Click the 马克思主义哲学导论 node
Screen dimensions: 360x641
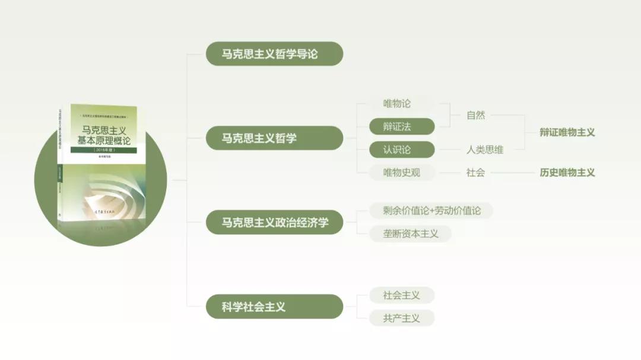click(274, 53)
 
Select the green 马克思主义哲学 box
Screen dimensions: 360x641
click(274, 138)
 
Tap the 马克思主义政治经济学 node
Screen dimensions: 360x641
click(274, 222)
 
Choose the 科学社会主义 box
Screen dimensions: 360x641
click(274, 307)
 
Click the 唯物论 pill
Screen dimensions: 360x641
click(396, 103)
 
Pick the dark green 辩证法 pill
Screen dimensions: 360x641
click(401, 126)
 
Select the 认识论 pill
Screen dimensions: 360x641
click(401, 149)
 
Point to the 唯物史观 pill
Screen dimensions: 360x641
click(401, 173)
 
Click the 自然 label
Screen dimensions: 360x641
click(475, 115)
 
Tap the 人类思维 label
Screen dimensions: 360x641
click(484, 149)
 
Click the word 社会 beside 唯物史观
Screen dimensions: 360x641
click(475, 173)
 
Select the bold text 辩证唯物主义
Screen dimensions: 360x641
click(567, 132)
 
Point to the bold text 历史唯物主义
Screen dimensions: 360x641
click(567, 173)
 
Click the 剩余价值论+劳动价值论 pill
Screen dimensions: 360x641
click(430, 210)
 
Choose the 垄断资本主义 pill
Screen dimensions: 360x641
click(410, 234)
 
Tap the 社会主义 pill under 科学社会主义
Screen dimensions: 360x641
click(401, 295)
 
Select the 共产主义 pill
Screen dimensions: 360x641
click(401, 318)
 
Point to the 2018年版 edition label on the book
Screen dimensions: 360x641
click(103, 151)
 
